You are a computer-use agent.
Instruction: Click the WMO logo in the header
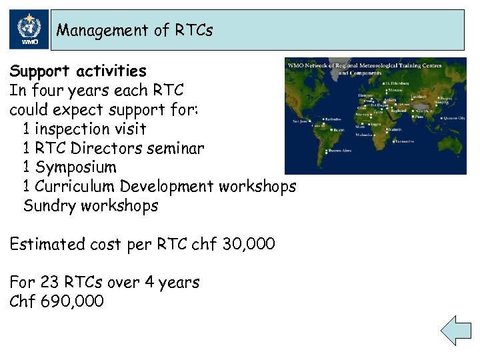point(29,30)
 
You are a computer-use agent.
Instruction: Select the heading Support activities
point(78,71)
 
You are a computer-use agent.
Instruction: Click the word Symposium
point(75,167)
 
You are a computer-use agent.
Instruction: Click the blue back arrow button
point(456,331)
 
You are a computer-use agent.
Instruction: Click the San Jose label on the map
point(301,121)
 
